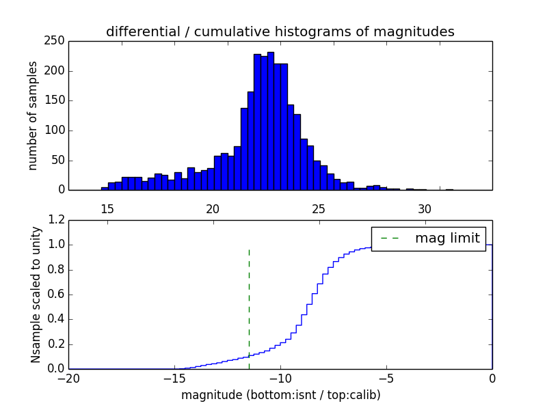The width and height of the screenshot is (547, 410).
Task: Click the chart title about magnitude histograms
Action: coord(280,31)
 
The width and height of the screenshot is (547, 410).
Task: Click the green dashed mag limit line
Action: coord(249,307)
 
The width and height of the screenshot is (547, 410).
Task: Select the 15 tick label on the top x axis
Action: coord(107,208)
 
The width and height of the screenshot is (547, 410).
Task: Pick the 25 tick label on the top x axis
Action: coord(318,208)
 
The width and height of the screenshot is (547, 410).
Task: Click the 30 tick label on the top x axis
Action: coord(424,208)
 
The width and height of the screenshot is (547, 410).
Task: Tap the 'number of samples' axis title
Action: coord(33,115)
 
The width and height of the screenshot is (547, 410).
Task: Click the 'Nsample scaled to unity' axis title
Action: coord(36,295)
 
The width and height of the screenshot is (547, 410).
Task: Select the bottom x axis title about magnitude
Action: coord(280,395)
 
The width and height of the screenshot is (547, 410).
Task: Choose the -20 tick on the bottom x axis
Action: coord(68,378)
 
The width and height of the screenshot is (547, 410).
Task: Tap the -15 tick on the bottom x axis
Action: coord(174,378)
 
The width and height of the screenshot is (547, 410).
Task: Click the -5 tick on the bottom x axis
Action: coord(386,378)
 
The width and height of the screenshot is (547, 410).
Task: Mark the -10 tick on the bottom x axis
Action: coord(280,378)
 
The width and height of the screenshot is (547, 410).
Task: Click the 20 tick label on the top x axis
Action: coord(212,208)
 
